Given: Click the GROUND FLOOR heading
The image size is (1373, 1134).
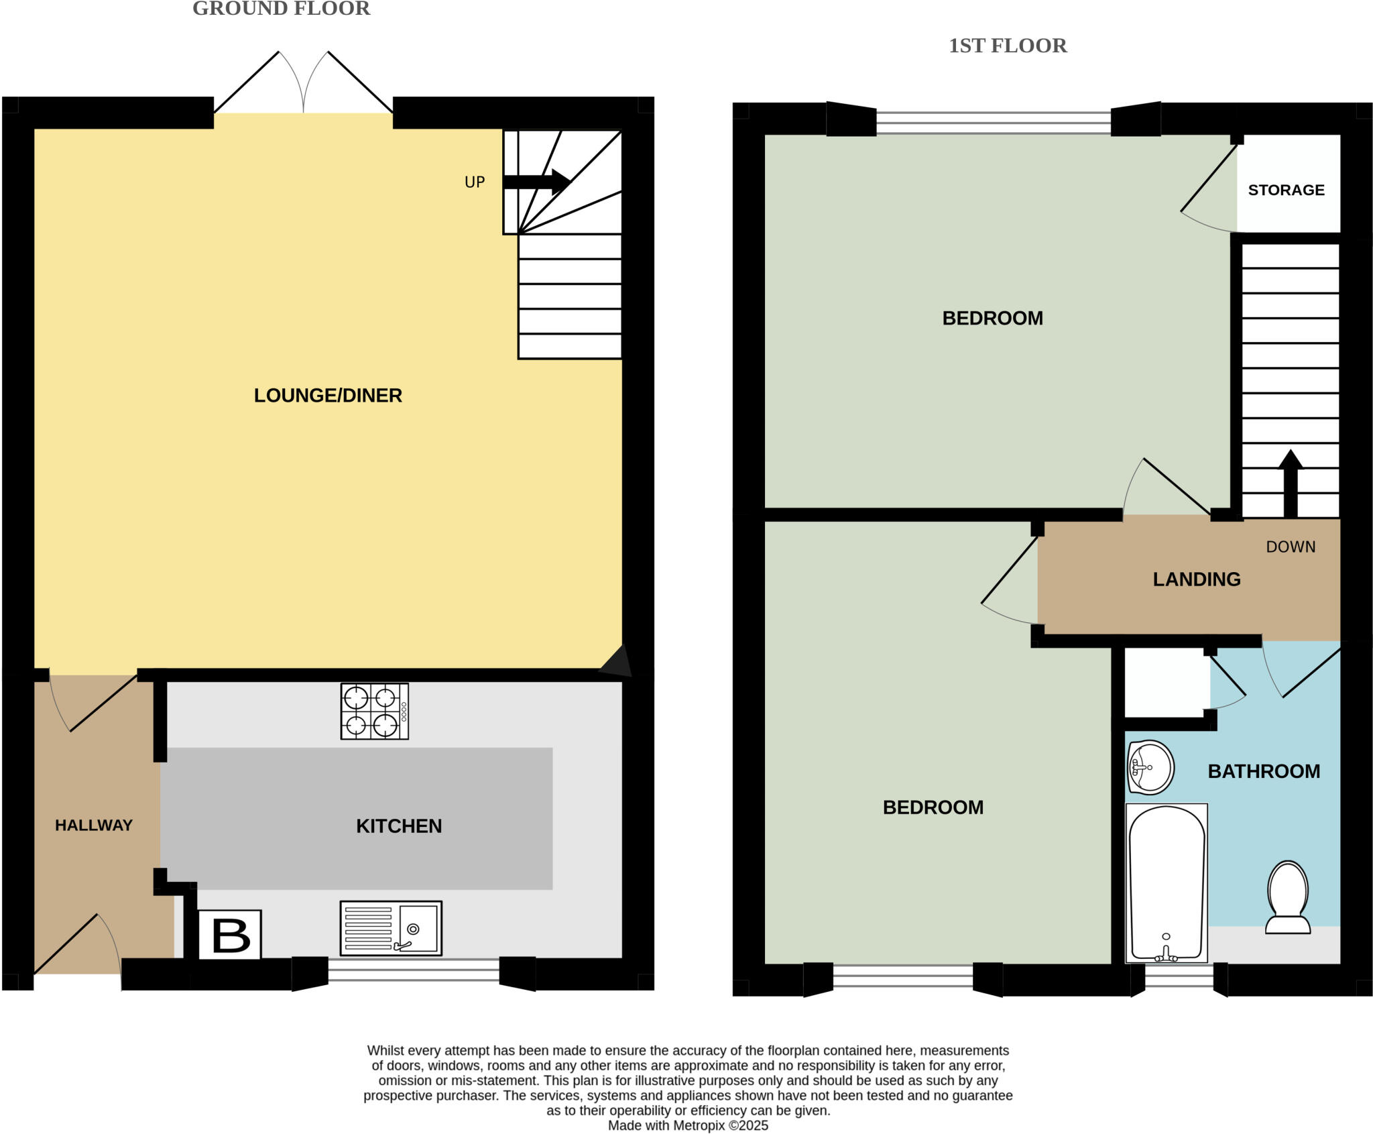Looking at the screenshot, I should coord(281,9).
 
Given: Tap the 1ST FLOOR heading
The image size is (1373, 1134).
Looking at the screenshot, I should coord(1007,46).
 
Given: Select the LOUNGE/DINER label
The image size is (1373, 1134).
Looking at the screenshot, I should coord(328,396).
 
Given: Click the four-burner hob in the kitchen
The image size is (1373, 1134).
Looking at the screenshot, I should coord(374,711).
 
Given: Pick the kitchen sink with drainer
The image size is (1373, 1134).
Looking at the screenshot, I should coord(391,928).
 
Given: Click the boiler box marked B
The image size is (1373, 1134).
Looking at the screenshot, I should coord(230,935).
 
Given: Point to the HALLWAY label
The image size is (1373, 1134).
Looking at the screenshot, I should coord(94,826).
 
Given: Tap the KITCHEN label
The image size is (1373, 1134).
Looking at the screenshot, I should coord(399,826).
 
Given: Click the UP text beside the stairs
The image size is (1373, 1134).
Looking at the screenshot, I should coord(475,182).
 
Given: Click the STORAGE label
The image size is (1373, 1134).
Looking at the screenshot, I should coord(1286,190).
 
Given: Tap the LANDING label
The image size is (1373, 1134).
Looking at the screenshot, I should coord(1197,579).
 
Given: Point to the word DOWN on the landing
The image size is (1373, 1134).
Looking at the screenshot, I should coord(1291,547).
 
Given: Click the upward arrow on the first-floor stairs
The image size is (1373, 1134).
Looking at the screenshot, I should coord(1291,483).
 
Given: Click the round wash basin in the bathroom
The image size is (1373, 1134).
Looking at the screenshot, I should coord(1150,767).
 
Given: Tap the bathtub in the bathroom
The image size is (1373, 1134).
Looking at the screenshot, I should coord(1167,883).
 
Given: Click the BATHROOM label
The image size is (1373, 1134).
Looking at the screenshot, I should coord(1264,772).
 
